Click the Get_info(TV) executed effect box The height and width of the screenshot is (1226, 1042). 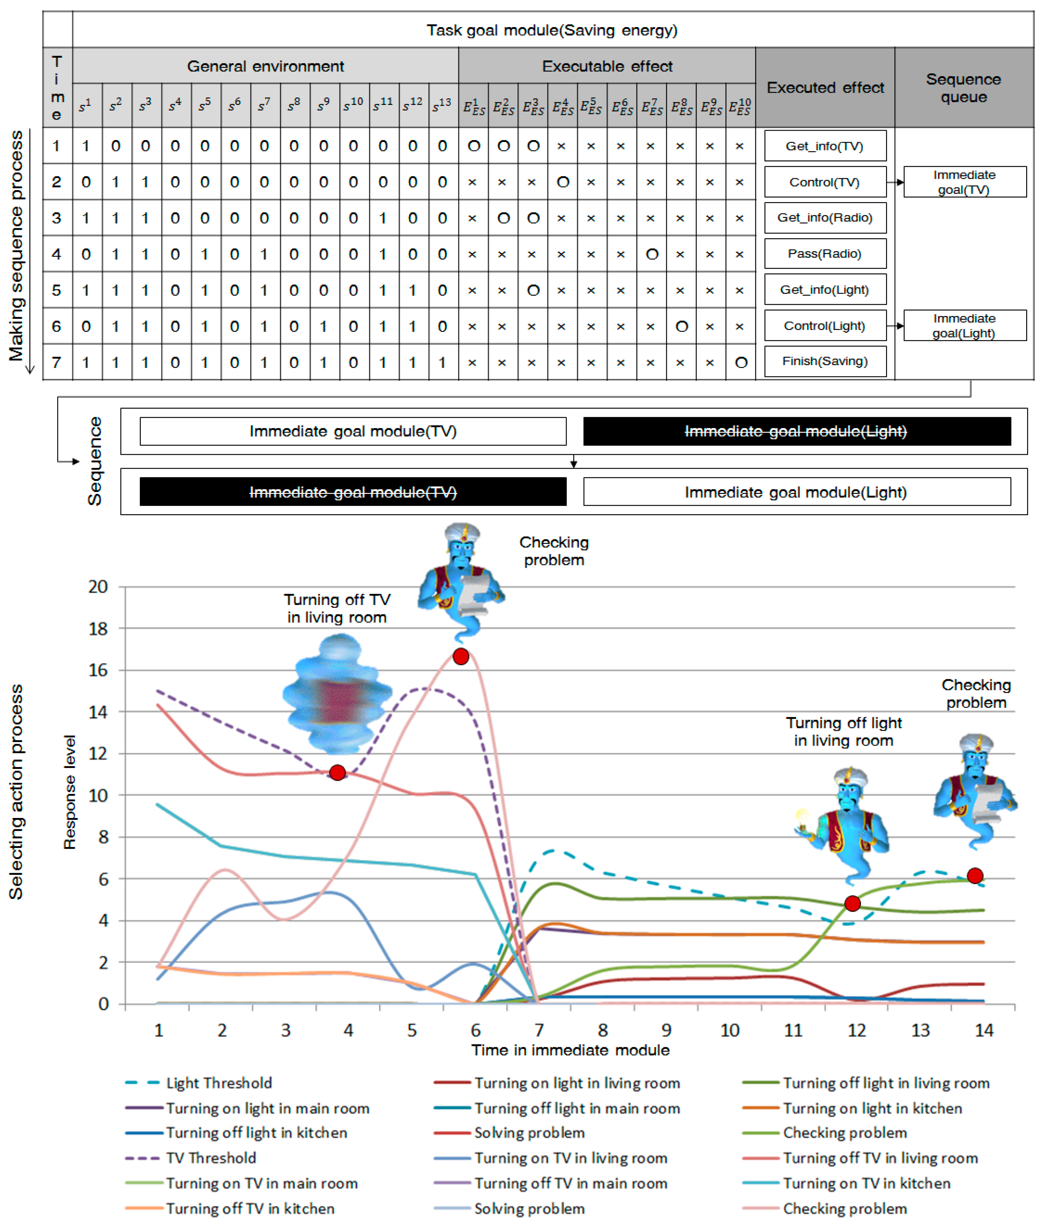(x=825, y=146)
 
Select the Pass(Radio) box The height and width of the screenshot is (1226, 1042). (x=825, y=254)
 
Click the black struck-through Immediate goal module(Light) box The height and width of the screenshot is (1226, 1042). (x=796, y=431)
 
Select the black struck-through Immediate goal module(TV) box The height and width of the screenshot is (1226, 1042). (x=352, y=492)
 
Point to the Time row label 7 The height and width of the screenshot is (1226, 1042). (x=57, y=362)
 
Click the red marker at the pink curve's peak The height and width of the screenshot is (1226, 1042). (x=461, y=656)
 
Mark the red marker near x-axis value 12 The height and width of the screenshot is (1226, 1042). (x=852, y=904)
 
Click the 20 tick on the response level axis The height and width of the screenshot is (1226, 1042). (x=99, y=587)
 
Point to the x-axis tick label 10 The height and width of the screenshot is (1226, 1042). (x=730, y=1030)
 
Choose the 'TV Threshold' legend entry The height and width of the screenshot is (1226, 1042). (x=211, y=1158)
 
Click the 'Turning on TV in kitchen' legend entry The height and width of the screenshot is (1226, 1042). (x=867, y=1183)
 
